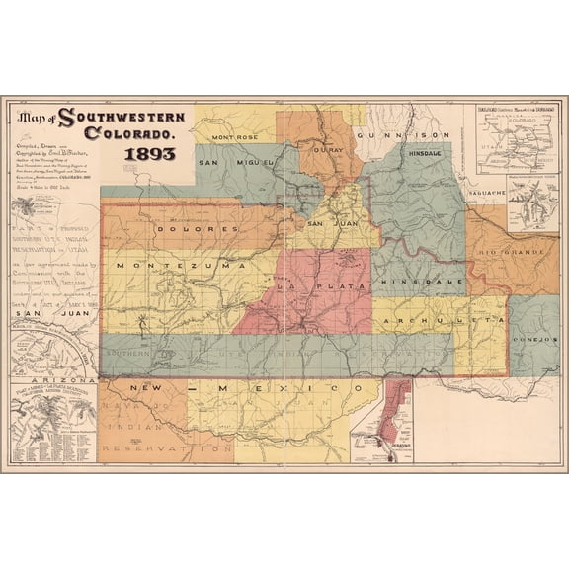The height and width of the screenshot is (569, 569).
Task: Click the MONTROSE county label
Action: pyautogui.click(x=234, y=136)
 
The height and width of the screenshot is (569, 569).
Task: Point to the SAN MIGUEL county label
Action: pyautogui.click(x=228, y=161)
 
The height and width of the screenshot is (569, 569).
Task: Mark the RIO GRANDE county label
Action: pyautogui.click(x=513, y=254)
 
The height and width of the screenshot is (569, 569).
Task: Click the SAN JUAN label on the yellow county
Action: pyautogui.click(x=326, y=223)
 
